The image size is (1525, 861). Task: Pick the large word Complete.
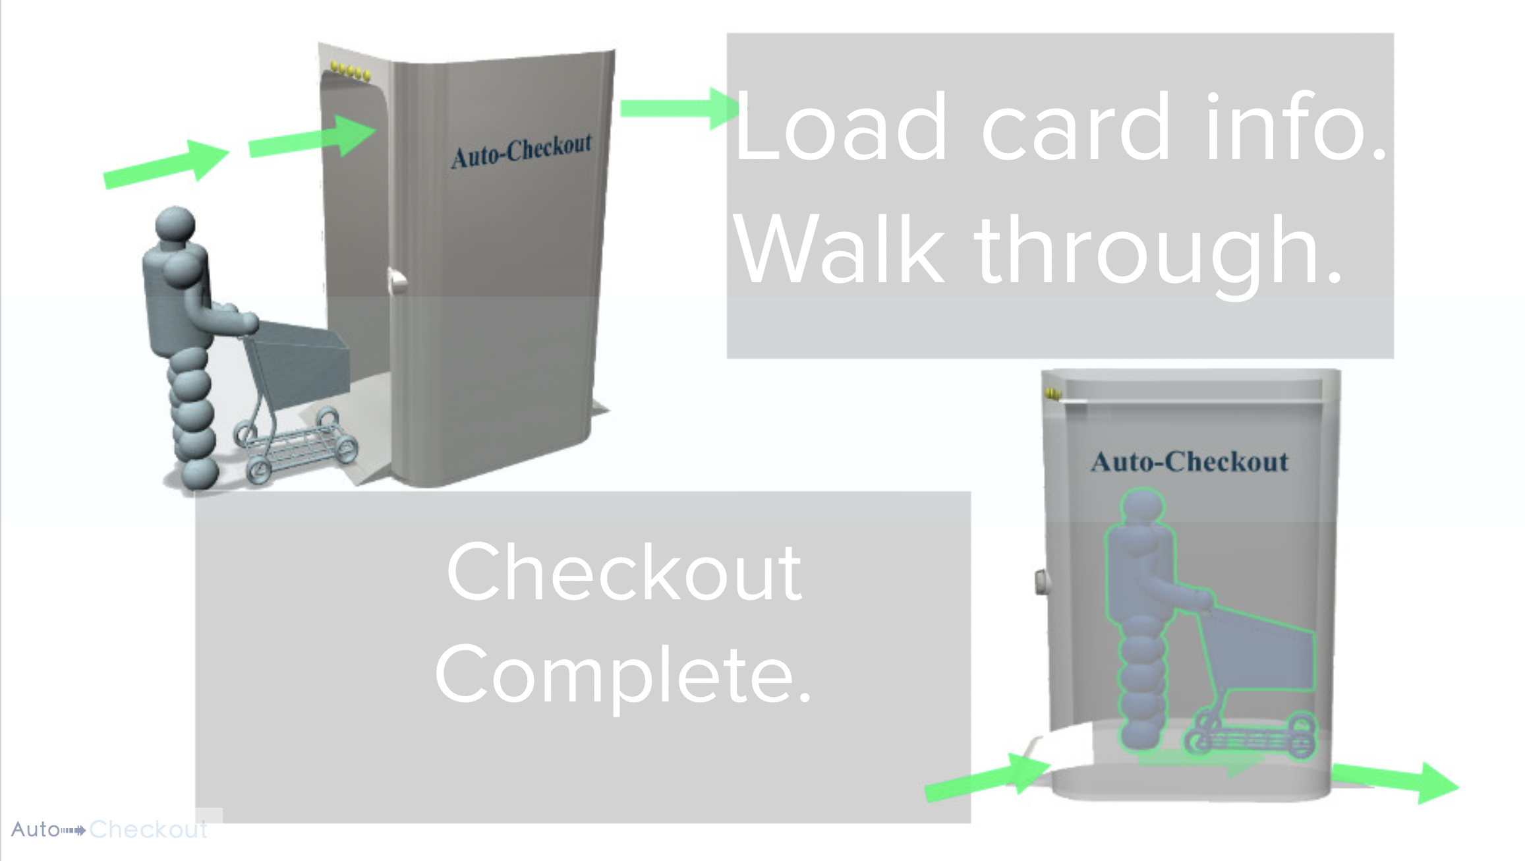tap(623, 675)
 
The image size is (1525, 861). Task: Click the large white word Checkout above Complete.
tap(623, 572)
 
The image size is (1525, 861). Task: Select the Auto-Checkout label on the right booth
tap(1189, 462)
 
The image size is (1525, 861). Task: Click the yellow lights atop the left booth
tap(350, 71)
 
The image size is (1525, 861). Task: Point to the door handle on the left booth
tap(397, 282)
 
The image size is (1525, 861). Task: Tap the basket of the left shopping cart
tap(303, 359)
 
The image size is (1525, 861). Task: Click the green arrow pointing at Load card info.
tap(679, 108)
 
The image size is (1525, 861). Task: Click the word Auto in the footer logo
tap(35, 829)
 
